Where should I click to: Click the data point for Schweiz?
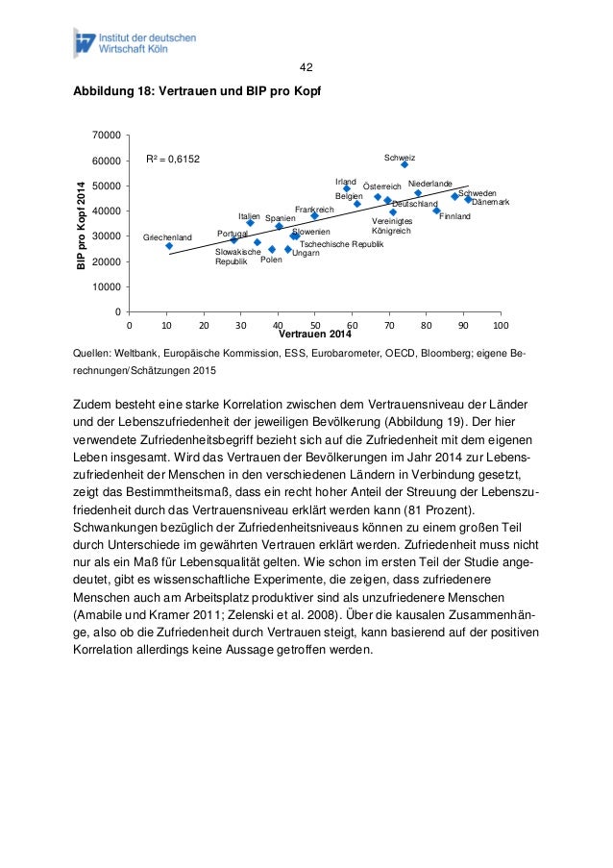[x=405, y=164]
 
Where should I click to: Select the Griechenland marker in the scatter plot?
[x=169, y=245]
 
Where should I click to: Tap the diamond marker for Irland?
[x=347, y=188]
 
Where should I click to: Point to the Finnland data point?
[x=437, y=211]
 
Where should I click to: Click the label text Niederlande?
[x=429, y=183]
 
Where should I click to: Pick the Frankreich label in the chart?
[x=314, y=209]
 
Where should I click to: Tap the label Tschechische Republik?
[x=342, y=244]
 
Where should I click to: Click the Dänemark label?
[x=490, y=202]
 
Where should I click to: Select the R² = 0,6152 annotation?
[x=172, y=160]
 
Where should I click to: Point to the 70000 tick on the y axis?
[x=107, y=135]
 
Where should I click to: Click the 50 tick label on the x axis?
[x=315, y=326]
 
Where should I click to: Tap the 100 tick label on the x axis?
[x=501, y=326]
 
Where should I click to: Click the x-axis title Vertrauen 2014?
[x=315, y=335]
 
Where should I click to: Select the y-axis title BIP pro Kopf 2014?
[x=82, y=223]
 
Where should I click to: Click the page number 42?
[x=306, y=67]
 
